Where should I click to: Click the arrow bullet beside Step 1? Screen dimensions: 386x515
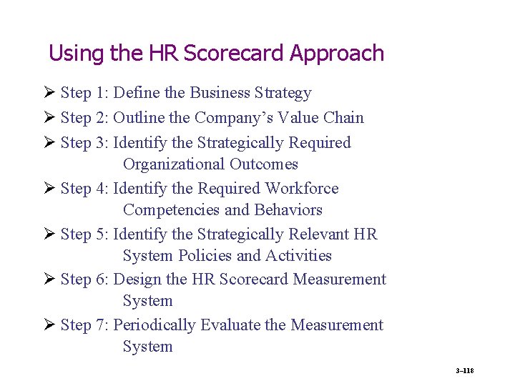tap(49, 93)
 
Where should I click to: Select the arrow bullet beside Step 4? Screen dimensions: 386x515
tap(49, 189)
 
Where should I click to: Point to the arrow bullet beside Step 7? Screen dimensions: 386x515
tap(49, 325)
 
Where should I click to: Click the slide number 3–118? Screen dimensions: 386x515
tap(465, 370)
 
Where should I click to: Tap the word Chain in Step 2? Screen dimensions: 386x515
tap(343, 118)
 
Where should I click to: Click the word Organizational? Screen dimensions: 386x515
tap(174, 164)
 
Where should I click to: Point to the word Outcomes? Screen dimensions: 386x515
tap(264, 164)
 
